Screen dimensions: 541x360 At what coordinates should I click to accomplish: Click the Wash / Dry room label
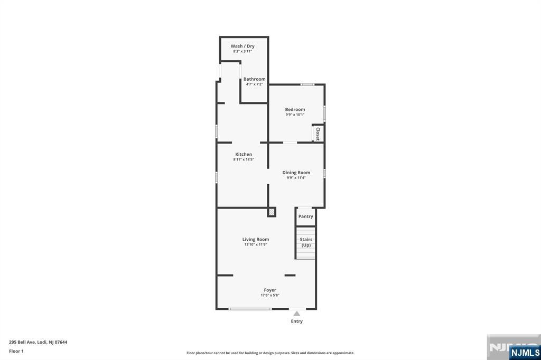pos(242,46)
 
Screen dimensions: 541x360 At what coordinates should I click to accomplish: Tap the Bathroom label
pos(254,79)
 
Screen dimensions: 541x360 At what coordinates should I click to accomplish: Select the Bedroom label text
pos(295,109)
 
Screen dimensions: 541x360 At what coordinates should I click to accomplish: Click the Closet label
pos(318,134)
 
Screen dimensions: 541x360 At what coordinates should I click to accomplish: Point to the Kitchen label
pos(244,154)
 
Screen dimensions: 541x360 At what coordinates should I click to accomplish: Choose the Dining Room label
pos(296,173)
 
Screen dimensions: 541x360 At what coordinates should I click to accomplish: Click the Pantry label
pos(306,216)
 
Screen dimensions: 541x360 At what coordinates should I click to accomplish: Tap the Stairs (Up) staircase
pos(306,243)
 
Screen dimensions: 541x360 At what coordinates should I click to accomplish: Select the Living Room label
pos(256,239)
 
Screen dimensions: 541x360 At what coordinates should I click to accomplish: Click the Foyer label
pos(270,290)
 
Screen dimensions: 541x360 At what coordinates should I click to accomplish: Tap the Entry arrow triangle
pos(297,314)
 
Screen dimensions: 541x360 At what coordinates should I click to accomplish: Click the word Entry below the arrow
pos(297,321)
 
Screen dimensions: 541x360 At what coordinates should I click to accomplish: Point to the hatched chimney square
pos(272,212)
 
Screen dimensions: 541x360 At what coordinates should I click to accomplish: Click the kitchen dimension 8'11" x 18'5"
pos(244,159)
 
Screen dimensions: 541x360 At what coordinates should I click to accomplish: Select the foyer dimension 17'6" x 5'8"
pos(270,296)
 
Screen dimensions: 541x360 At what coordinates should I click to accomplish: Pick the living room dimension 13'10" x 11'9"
pos(256,244)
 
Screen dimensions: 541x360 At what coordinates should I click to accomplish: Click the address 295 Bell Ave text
pos(22,343)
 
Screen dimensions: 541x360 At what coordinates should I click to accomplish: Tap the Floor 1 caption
pos(16,352)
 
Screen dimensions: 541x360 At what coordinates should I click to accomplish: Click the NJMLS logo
pos(525,353)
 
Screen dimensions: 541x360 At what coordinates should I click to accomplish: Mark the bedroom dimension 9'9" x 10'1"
pos(295,115)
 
